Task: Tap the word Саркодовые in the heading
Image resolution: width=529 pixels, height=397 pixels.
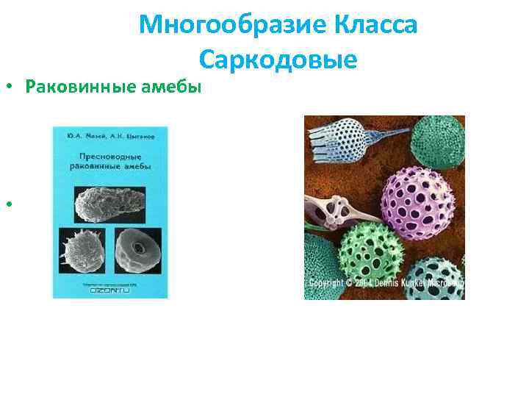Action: tap(277, 58)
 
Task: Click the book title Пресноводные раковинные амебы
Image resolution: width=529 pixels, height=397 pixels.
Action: tap(110, 162)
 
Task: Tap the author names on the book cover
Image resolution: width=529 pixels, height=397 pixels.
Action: tap(110, 137)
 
